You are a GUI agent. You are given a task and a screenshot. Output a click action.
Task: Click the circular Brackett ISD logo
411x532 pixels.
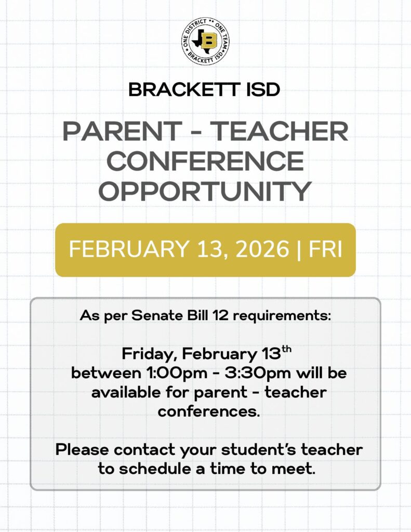coord(205,41)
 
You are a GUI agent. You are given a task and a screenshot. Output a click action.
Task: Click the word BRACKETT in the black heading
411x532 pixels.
coord(183,90)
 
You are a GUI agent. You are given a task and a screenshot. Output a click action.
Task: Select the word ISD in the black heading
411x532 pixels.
coord(262,90)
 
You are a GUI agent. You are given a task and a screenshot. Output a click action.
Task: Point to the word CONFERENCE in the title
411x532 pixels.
coord(205,161)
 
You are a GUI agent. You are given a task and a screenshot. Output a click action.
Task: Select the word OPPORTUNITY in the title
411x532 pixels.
coord(205,191)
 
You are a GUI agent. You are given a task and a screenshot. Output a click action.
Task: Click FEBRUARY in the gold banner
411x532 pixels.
coord(129,249)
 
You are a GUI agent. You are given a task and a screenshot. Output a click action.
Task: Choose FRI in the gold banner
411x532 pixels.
coord(325,249)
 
